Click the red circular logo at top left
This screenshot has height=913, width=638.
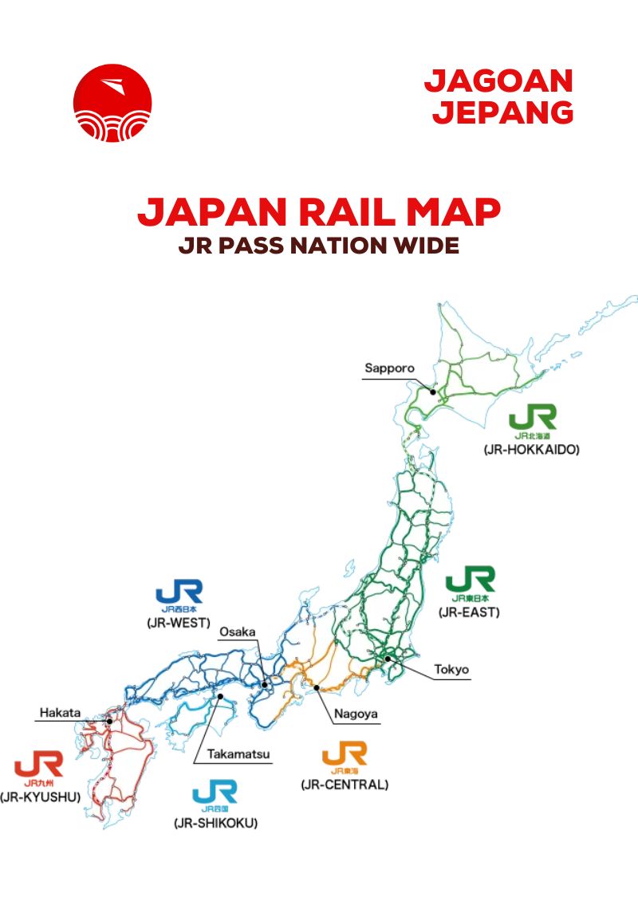[112, 103]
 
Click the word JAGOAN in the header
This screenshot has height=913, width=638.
[498, 81]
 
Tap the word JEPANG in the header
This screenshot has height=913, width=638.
[502, 112]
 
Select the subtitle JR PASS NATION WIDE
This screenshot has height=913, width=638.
[319, 245]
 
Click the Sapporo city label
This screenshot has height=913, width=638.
[390, 368]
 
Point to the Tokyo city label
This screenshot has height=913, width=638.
[451, 669]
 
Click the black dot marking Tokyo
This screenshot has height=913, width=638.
[388, 659]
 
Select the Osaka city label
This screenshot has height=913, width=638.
[238, 632]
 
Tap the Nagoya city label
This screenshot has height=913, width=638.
[356, 714]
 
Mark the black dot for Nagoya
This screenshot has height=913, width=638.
[317, 687]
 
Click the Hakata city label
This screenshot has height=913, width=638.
[60, 712]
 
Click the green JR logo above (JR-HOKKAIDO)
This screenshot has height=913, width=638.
[533, 418]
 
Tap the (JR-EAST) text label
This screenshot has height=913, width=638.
[469, 612]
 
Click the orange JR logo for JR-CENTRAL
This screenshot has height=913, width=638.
[345, 753]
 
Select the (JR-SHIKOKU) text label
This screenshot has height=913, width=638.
[215, 822]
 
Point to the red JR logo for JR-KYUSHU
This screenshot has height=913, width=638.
[38, 765]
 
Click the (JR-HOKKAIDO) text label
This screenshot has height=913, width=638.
[531, 450]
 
